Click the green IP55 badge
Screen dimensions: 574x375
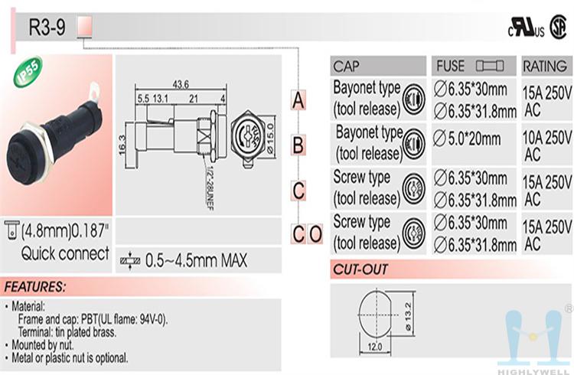pos(28,71)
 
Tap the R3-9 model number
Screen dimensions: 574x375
pos(47,27)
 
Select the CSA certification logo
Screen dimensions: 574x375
pos(558,27)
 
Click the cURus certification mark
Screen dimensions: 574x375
pos(526,28)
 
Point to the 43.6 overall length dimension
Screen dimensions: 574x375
pos(181,85)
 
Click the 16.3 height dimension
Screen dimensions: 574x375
pos(122,145)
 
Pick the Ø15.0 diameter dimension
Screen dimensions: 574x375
pos(270,139)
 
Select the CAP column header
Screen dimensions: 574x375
pos(346,67)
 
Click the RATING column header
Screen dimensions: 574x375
pos(545,67)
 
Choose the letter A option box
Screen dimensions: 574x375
pos(298,100)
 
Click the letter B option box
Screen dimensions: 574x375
pos(298,145)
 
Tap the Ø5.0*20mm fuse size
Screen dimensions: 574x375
pos(467,139)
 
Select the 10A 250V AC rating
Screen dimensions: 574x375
pos(546,145)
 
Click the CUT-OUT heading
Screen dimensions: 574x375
pos(360,269)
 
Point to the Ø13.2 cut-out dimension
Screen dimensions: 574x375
pos(409,317)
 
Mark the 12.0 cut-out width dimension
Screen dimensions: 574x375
pos(374,347)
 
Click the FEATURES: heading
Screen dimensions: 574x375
pos(34,286)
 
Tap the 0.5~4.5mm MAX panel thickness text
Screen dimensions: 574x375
pos(196,260)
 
